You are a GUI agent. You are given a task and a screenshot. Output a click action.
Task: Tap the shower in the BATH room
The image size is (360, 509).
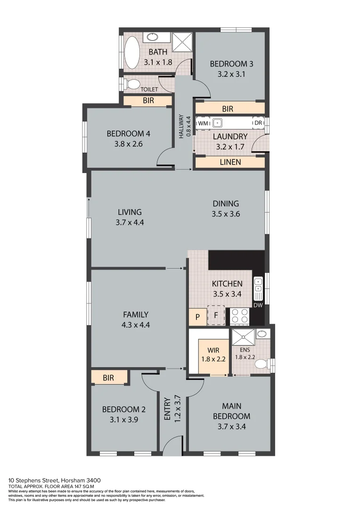(x=182, y=42)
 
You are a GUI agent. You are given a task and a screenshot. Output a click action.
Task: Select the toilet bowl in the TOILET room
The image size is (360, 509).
(x=133, y=84)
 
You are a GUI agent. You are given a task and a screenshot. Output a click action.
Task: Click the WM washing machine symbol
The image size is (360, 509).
(x=203, y=123)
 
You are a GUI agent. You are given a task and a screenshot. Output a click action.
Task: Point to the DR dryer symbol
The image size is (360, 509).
(x=258, y=123)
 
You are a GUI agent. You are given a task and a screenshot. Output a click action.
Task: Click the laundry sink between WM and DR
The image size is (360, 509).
(x=217, y=123)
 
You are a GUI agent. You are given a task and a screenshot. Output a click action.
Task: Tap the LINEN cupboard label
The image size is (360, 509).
(x=230, y=162)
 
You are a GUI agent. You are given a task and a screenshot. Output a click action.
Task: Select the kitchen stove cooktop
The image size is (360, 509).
(x=239, y=316)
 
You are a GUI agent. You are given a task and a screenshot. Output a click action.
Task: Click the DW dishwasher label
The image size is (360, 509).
(x=258, y=305)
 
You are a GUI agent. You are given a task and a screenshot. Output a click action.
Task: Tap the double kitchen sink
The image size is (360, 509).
(x=258, y=289)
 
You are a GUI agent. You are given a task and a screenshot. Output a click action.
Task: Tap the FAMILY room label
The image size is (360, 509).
(x=136, y=314)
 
